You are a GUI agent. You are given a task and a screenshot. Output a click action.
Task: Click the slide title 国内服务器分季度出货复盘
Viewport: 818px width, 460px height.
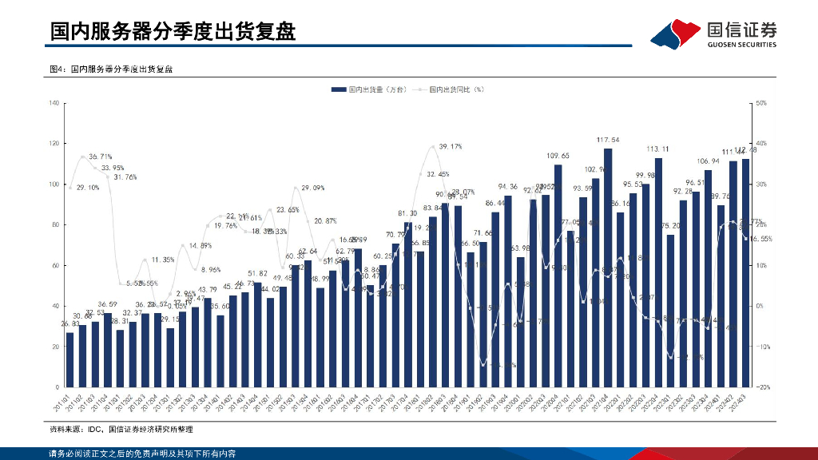coord(173,31)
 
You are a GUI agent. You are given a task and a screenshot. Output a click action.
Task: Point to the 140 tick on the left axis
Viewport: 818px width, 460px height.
coord(55,103)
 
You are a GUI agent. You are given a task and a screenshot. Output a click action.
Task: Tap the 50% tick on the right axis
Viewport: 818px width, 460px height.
coord(762,103)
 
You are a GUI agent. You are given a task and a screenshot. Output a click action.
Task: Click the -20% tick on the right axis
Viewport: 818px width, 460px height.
coord(762,387)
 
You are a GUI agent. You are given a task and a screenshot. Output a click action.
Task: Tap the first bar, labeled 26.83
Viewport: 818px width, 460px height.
coord(69,359)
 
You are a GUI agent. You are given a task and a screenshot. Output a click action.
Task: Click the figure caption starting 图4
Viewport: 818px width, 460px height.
coord(112,69)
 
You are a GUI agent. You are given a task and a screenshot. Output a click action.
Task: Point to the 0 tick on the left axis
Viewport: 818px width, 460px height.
coord(58,387)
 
